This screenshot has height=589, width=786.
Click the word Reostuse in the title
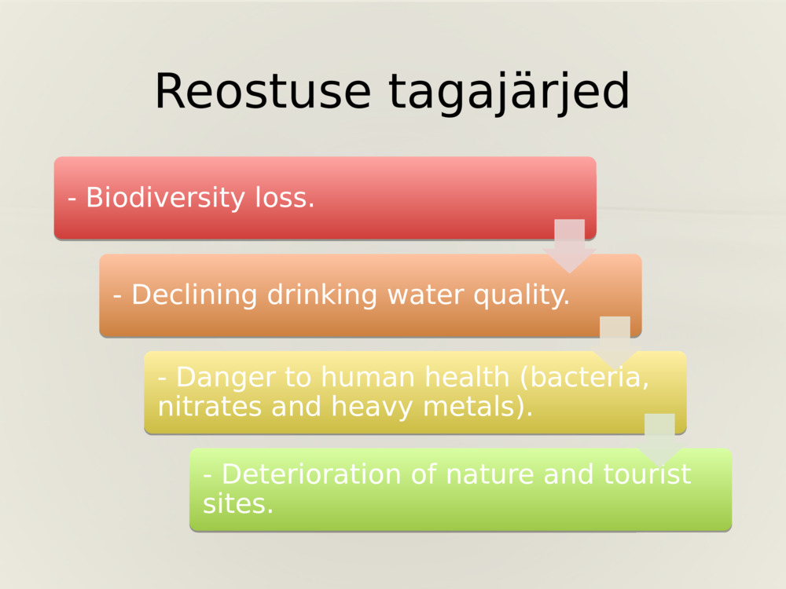pos(263,91)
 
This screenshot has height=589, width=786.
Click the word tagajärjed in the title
pos(509,93)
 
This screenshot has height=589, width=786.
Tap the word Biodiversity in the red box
pos(166,198)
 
